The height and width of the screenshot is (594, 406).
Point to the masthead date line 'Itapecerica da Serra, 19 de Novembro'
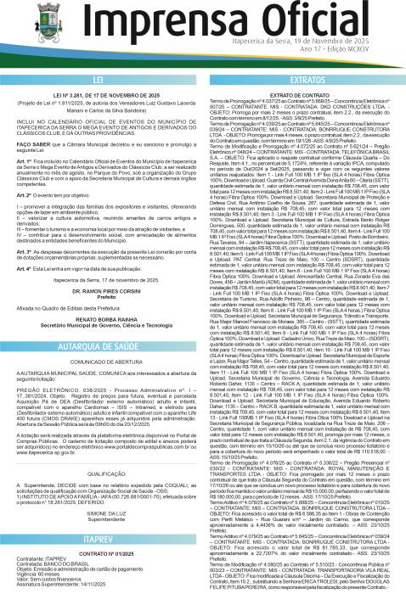(325, 39)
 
